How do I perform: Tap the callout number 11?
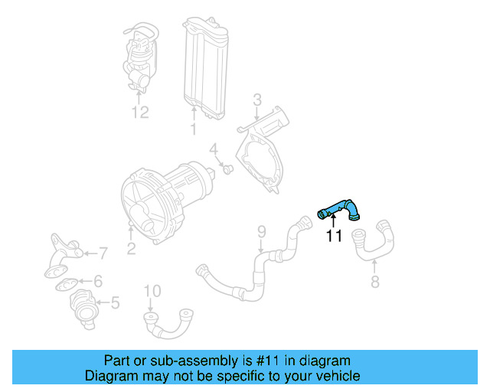coord(334,237)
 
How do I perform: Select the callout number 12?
coord(139,113)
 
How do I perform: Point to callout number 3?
coord(257,99)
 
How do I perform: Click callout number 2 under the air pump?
coord(131,247)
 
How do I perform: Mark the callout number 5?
coord(115,303)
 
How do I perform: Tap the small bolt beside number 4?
coord(227,168)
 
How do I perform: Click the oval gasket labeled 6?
coord(67,285)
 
